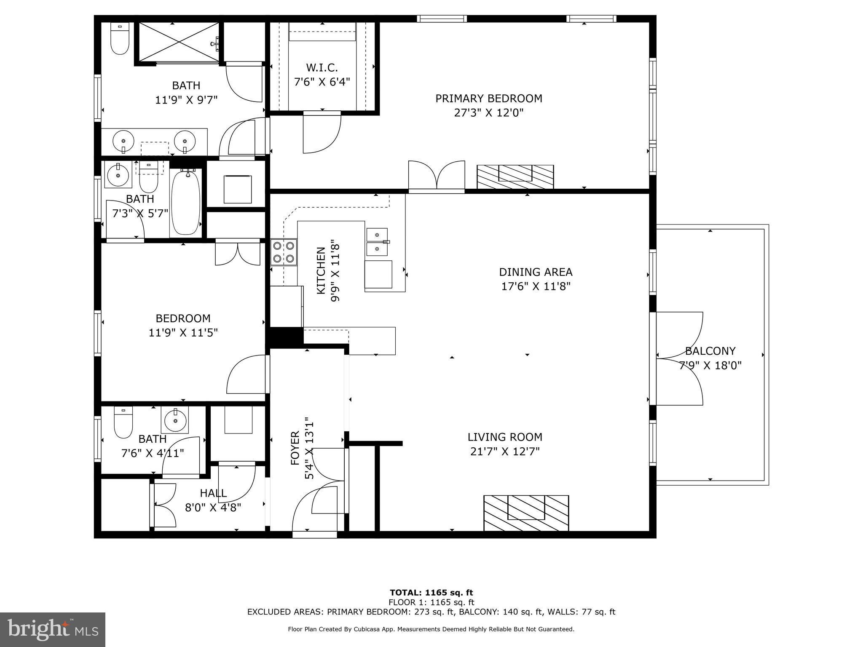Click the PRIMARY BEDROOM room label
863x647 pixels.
488,99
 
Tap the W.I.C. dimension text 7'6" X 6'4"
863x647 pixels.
322,82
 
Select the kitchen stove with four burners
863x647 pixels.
284,252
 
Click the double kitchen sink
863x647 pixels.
377,242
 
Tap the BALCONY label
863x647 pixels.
710,351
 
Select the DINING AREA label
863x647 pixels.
536,272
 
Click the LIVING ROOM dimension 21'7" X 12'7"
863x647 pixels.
505,452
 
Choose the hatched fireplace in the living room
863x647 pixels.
526,513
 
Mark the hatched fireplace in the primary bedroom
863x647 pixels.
515,176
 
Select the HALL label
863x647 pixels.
213,493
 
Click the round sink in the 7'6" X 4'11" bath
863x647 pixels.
174,420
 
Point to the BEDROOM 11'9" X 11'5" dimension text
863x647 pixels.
183,333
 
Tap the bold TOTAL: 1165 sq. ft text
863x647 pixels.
431,593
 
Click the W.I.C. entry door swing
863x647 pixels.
321,134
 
